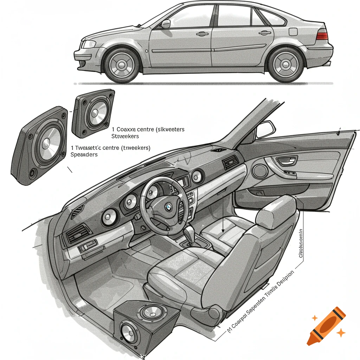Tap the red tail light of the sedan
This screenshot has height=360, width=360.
click(x=322, y=36)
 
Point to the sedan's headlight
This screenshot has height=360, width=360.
click(x=88, y=44)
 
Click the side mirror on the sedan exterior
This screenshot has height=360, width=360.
click(x=165, y=24)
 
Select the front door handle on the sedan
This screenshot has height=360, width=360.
click(x=202, y=34)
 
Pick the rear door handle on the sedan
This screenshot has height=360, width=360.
click(x=265, y=33)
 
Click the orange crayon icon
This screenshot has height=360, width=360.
click(x=326, y=326)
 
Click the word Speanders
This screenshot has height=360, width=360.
click(x=84, y=154)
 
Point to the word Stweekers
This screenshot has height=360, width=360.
click(x=125, y=136)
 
